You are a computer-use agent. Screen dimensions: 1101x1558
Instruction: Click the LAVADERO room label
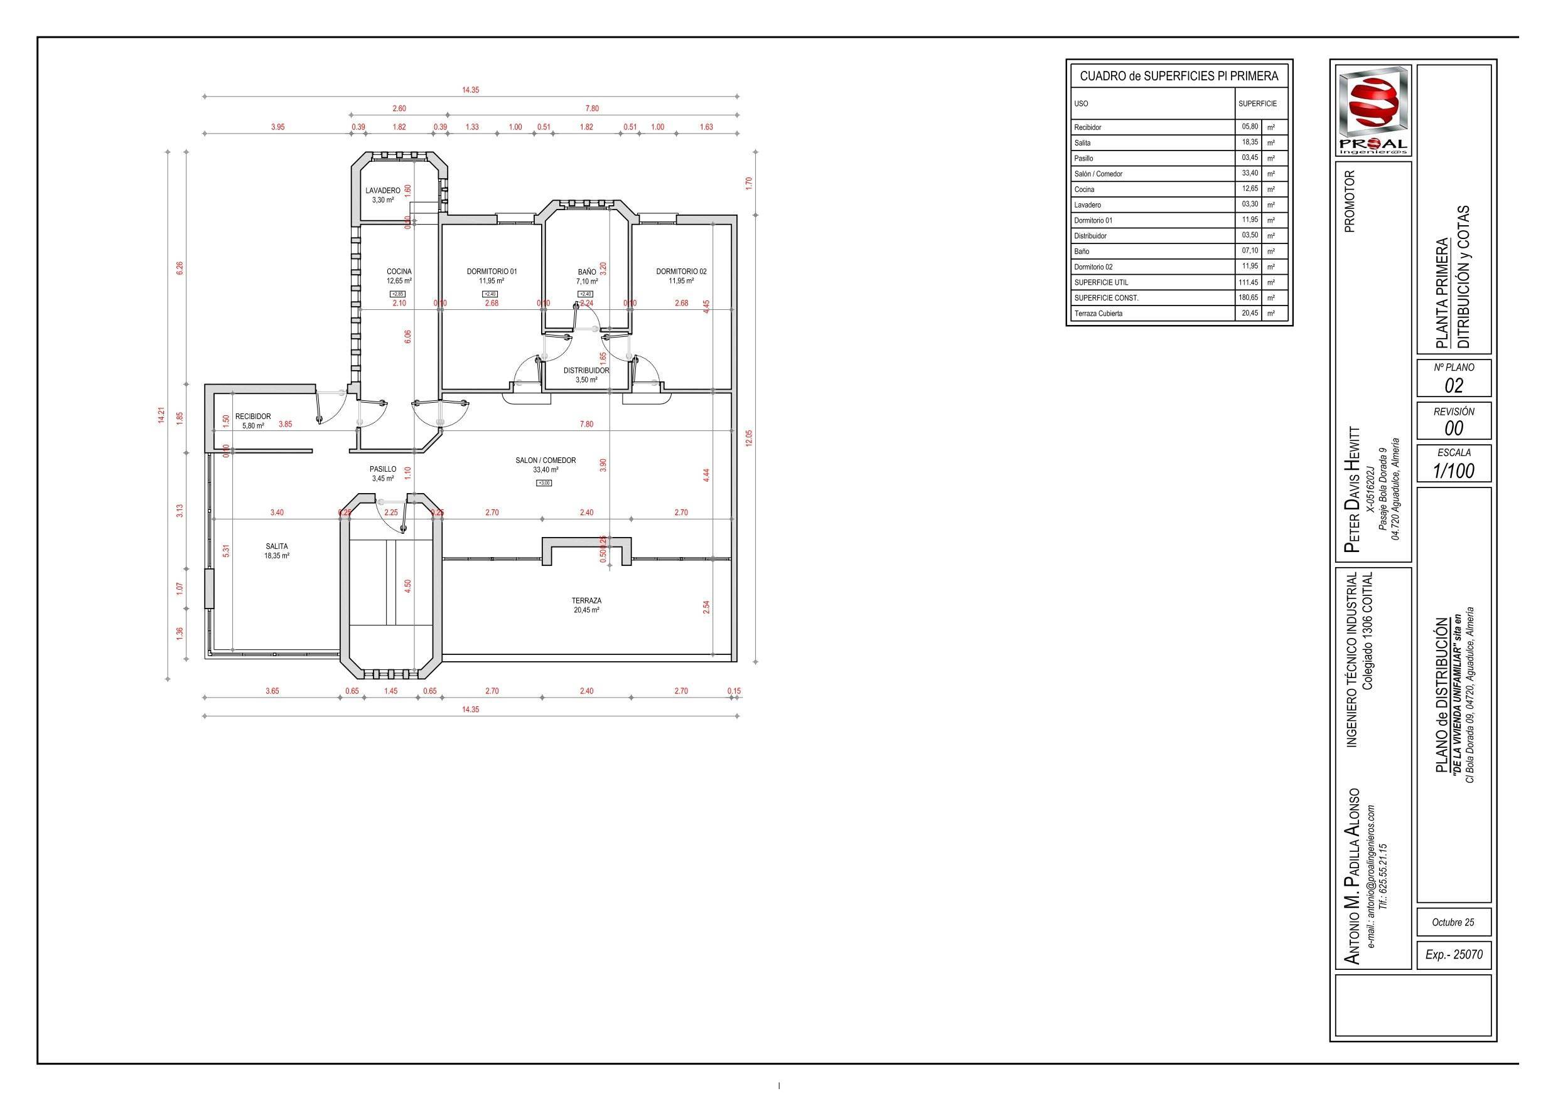coord(383,191)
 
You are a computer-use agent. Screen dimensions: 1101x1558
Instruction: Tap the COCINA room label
coord(399,272)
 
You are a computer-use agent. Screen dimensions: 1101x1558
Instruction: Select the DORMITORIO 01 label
coord(492,272)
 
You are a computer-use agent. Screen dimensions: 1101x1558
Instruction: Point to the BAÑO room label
coord(587,272)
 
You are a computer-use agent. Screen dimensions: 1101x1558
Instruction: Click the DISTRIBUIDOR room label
coord(586,371)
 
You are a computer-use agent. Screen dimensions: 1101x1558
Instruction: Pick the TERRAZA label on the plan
coord(586,600)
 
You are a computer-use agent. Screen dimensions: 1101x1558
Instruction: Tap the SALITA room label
coord(277,546)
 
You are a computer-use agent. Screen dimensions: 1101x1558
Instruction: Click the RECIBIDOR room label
coord(253,417)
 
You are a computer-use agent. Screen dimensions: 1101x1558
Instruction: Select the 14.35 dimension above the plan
coord(470,90)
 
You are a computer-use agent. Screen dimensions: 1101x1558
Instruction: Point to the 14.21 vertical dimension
coord(161,415)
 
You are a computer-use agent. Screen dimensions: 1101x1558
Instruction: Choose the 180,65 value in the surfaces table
coord(1249,297)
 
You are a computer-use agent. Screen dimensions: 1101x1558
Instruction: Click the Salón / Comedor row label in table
coord(1098,174)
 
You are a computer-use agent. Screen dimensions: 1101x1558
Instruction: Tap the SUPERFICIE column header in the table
coord(1257,104)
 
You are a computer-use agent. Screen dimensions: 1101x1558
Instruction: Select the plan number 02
coord(1454,385)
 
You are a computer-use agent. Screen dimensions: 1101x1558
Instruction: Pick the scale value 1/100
coord(1454,470)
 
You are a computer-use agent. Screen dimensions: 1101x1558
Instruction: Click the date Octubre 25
coord(1453,922)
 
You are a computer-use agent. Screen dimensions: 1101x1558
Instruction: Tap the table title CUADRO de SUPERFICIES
coord(1179,76)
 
